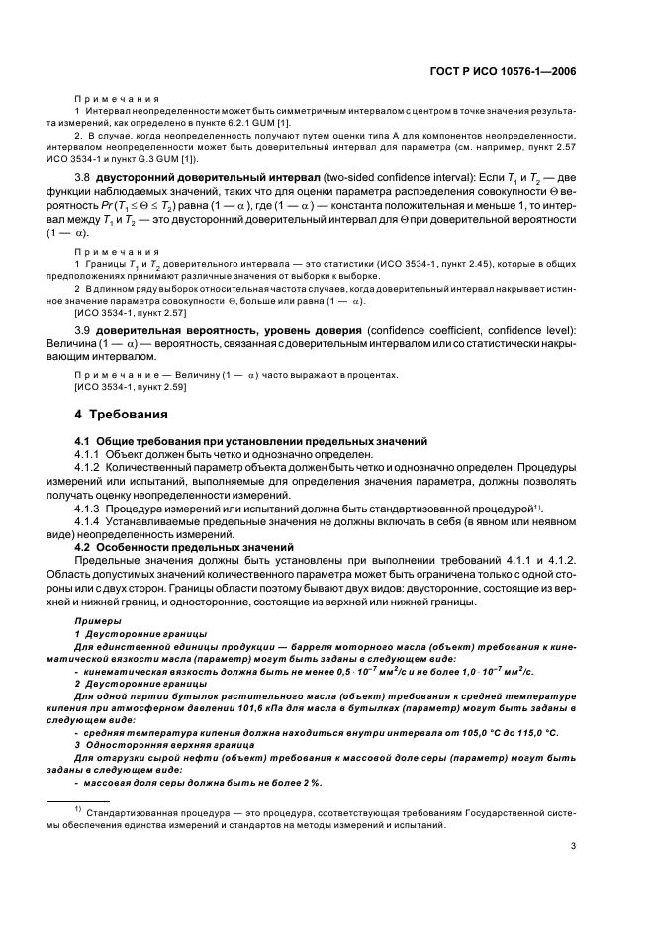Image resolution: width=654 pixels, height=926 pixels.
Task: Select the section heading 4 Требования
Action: click(121, 414)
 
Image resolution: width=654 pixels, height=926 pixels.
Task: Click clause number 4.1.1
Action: click(91, 453)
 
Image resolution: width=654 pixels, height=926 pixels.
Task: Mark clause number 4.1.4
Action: click(91, 519)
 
